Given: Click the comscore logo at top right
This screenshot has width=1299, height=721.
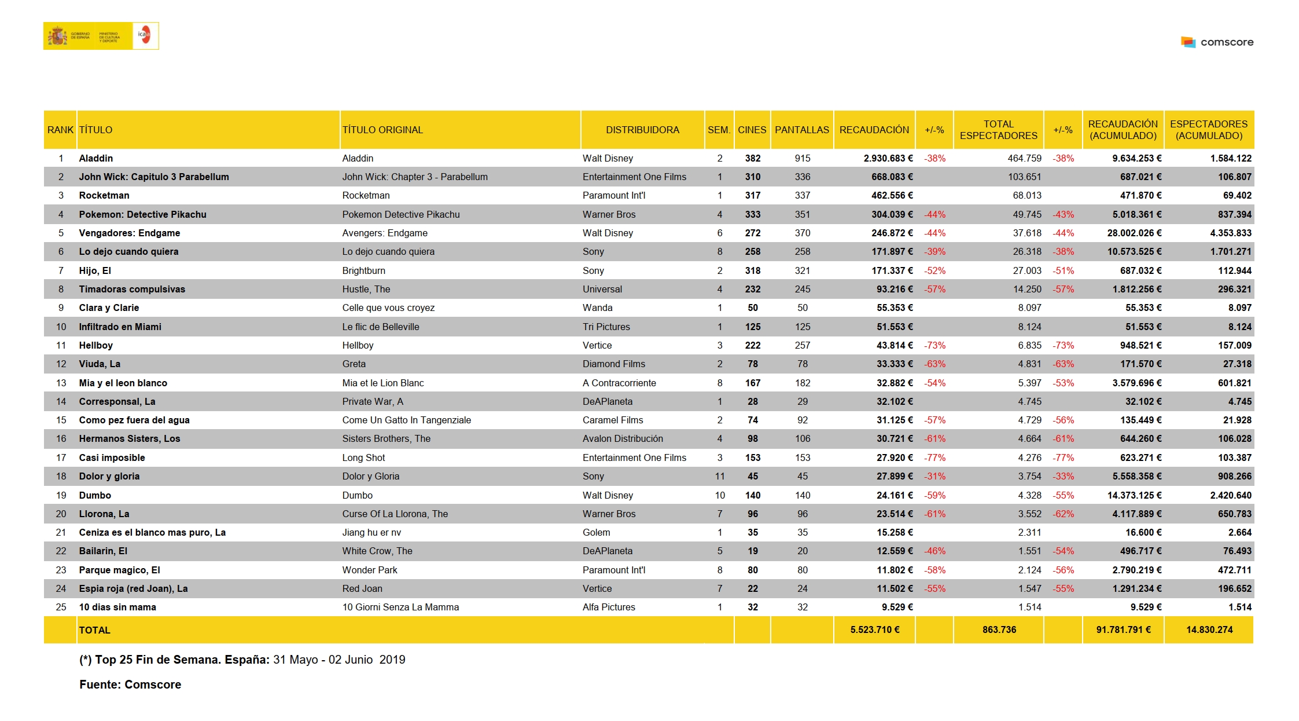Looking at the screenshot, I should [x=1217, y=42].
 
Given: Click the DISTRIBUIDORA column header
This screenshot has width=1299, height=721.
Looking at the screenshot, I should [x=642, y=130].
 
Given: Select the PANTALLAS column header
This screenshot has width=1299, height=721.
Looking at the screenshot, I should [x=801, y=130].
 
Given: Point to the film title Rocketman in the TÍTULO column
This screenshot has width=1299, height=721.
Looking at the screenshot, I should [x=104, y=196].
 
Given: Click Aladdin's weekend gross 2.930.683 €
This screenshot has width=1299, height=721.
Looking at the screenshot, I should [x=888, y=158].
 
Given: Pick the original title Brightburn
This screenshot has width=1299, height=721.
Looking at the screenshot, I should [x=363, y=270].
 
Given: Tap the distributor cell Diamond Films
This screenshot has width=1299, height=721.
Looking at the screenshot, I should [x=613, y=364].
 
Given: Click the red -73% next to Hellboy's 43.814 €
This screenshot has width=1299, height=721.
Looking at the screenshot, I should [x=934, y=345].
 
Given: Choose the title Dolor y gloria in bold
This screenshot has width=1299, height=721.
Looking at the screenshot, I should [x=109, y=476].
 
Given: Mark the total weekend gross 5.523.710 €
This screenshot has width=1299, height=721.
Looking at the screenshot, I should [x=874, y=629].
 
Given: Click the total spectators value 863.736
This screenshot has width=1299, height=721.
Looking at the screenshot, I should [x=999, y=629].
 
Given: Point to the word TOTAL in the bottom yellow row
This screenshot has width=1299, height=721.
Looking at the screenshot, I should [x=94, y=630].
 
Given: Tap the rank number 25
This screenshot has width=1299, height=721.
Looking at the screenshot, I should [x=61, y=607].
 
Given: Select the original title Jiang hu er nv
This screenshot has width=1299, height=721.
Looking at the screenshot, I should [x=371, y=532].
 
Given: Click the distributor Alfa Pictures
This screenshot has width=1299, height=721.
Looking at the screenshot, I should [x=609, y=607].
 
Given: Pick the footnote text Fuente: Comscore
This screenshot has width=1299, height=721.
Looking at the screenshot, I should [x=130, y=685].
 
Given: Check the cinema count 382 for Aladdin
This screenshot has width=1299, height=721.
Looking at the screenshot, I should [x=752, y=158].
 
